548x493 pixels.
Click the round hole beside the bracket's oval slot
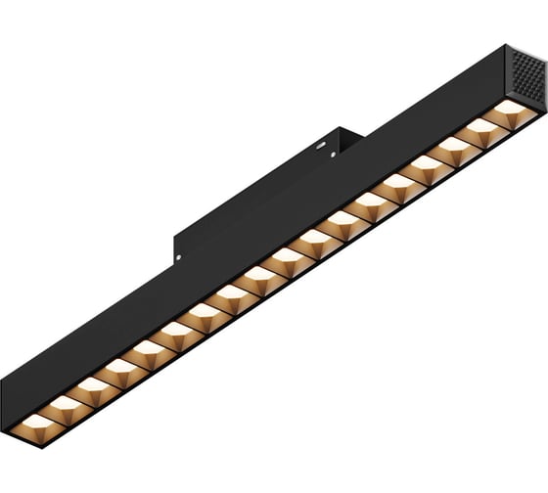click(334, 154)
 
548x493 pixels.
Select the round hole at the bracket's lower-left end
click(179, 257)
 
